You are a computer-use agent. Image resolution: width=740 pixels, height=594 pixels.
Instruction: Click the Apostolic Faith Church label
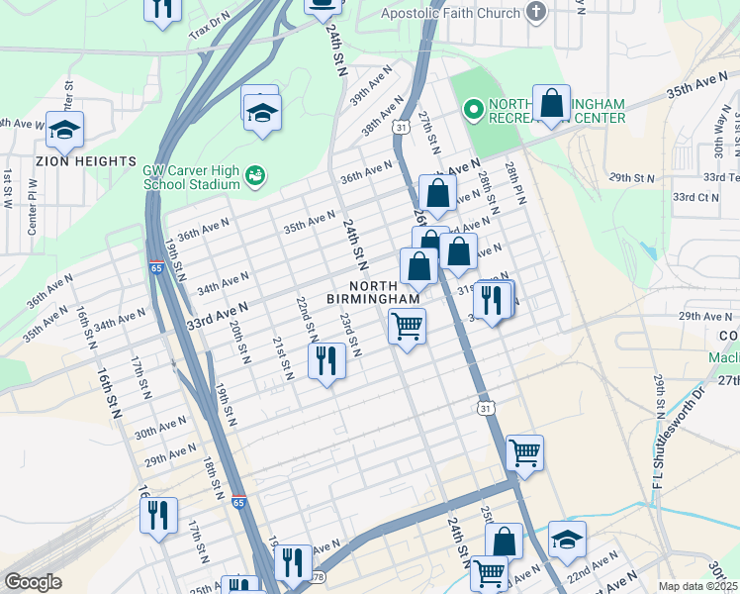[x=451, y=13]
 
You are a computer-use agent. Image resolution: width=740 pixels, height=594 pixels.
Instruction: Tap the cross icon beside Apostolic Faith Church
[x=535, y=13]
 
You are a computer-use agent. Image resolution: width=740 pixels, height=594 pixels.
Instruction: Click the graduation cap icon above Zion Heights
[x=64, y=131]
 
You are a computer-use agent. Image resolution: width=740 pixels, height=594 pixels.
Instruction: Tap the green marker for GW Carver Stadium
[x=255, y=176]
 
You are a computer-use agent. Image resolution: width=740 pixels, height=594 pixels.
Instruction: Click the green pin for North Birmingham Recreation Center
[x=473, y=110]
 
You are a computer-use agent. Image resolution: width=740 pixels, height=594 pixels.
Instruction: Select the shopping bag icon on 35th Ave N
[x=551, y=104]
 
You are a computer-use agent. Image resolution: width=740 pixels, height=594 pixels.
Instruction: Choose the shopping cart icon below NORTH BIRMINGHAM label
[x=407, y=326]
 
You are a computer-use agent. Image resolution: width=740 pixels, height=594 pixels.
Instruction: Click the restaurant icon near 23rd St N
[x=327, y=361]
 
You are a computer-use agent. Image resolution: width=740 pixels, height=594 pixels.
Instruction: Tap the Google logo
[x=33, y=582]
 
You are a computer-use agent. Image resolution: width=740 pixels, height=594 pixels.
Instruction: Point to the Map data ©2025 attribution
[x=696, y=586]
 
